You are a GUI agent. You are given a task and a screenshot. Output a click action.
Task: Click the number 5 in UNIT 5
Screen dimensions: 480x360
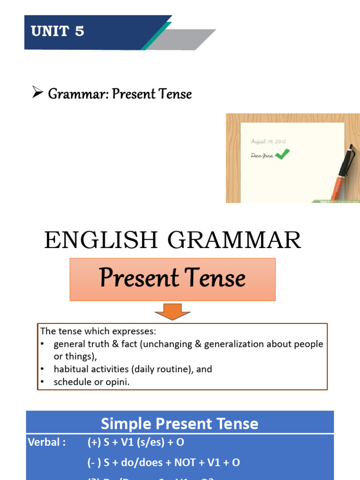click(79, 32)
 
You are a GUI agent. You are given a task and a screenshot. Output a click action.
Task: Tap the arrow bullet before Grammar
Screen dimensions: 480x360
click(37, 93)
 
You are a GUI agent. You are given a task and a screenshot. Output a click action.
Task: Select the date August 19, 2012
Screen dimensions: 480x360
click(269, 141)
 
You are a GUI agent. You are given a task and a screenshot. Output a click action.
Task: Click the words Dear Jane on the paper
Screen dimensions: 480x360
click(262, 156)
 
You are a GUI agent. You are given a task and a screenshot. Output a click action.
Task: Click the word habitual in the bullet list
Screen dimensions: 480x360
click(71, 369)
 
